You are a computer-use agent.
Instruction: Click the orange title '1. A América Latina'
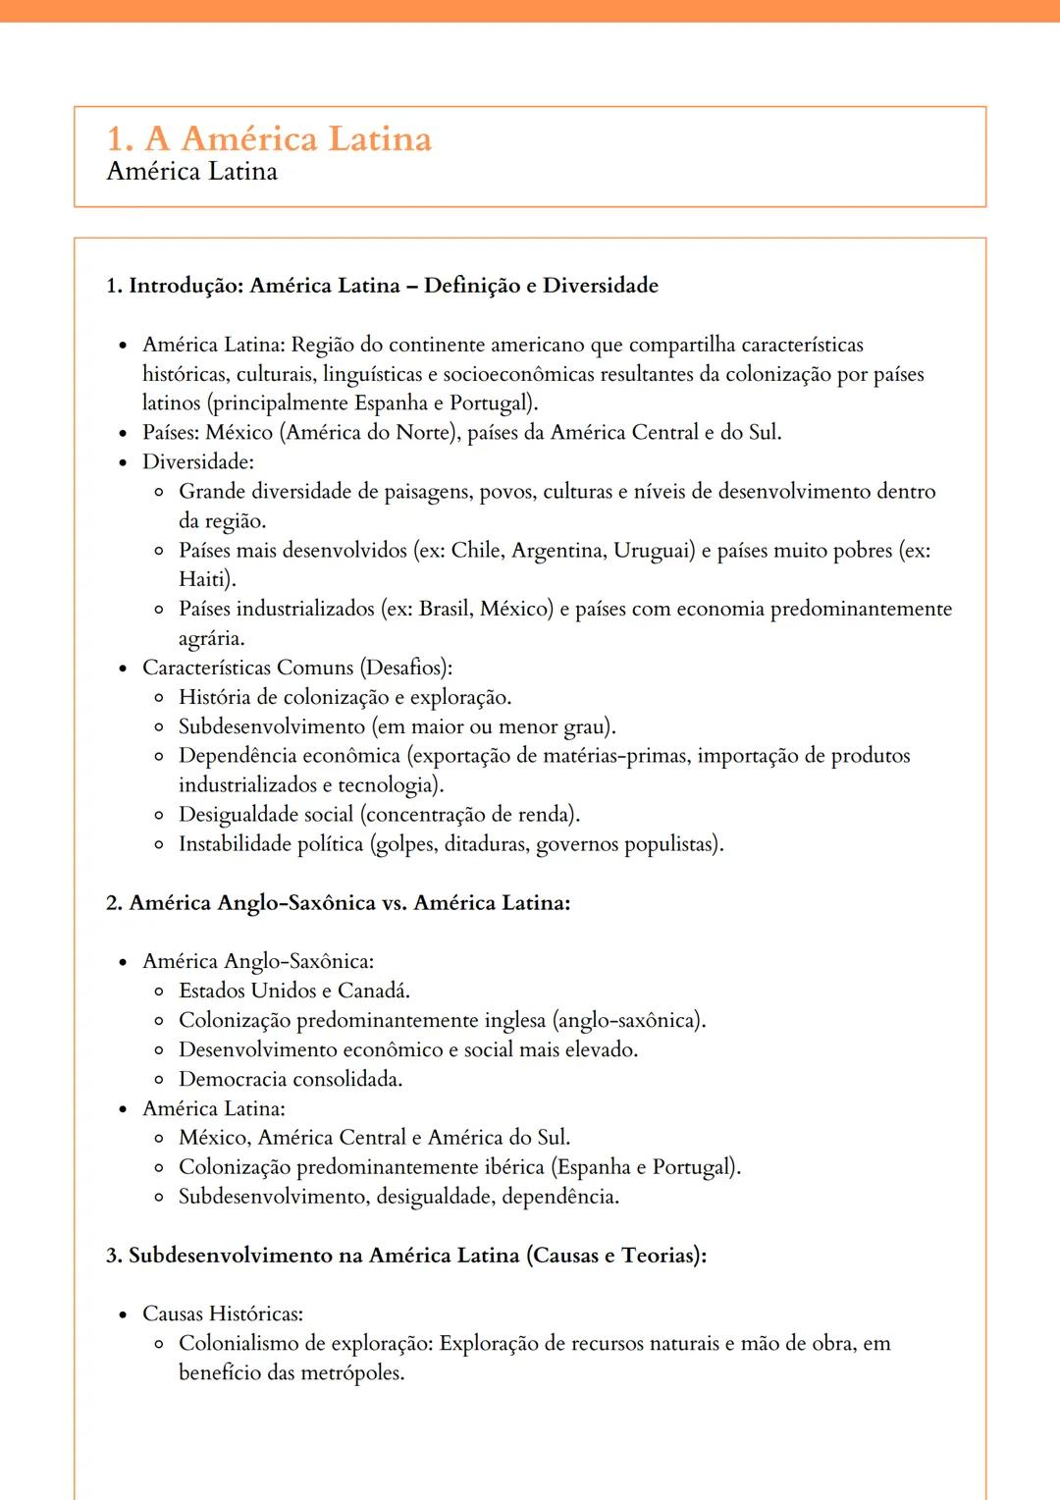pos(269,138)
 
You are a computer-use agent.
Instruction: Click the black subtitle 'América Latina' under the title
pos(191,172)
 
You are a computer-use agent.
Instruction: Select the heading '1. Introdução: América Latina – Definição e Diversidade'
pos(382,286)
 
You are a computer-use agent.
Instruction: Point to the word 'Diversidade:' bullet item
pos(197,462)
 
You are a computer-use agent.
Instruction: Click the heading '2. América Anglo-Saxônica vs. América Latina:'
pos(338,903)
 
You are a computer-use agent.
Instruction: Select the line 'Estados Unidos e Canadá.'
pos(293,991)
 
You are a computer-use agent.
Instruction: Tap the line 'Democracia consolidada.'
pos(290,1079)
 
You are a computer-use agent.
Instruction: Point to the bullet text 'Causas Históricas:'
pos(222,1313)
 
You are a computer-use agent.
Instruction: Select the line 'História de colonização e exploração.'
pos(344,697)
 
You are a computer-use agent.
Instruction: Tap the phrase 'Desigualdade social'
pos(265,815)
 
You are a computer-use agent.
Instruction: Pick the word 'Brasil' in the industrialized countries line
pos(445,609)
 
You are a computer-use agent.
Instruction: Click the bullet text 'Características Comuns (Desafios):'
pos(296,668)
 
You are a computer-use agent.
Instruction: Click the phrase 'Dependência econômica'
pos(289,756)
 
